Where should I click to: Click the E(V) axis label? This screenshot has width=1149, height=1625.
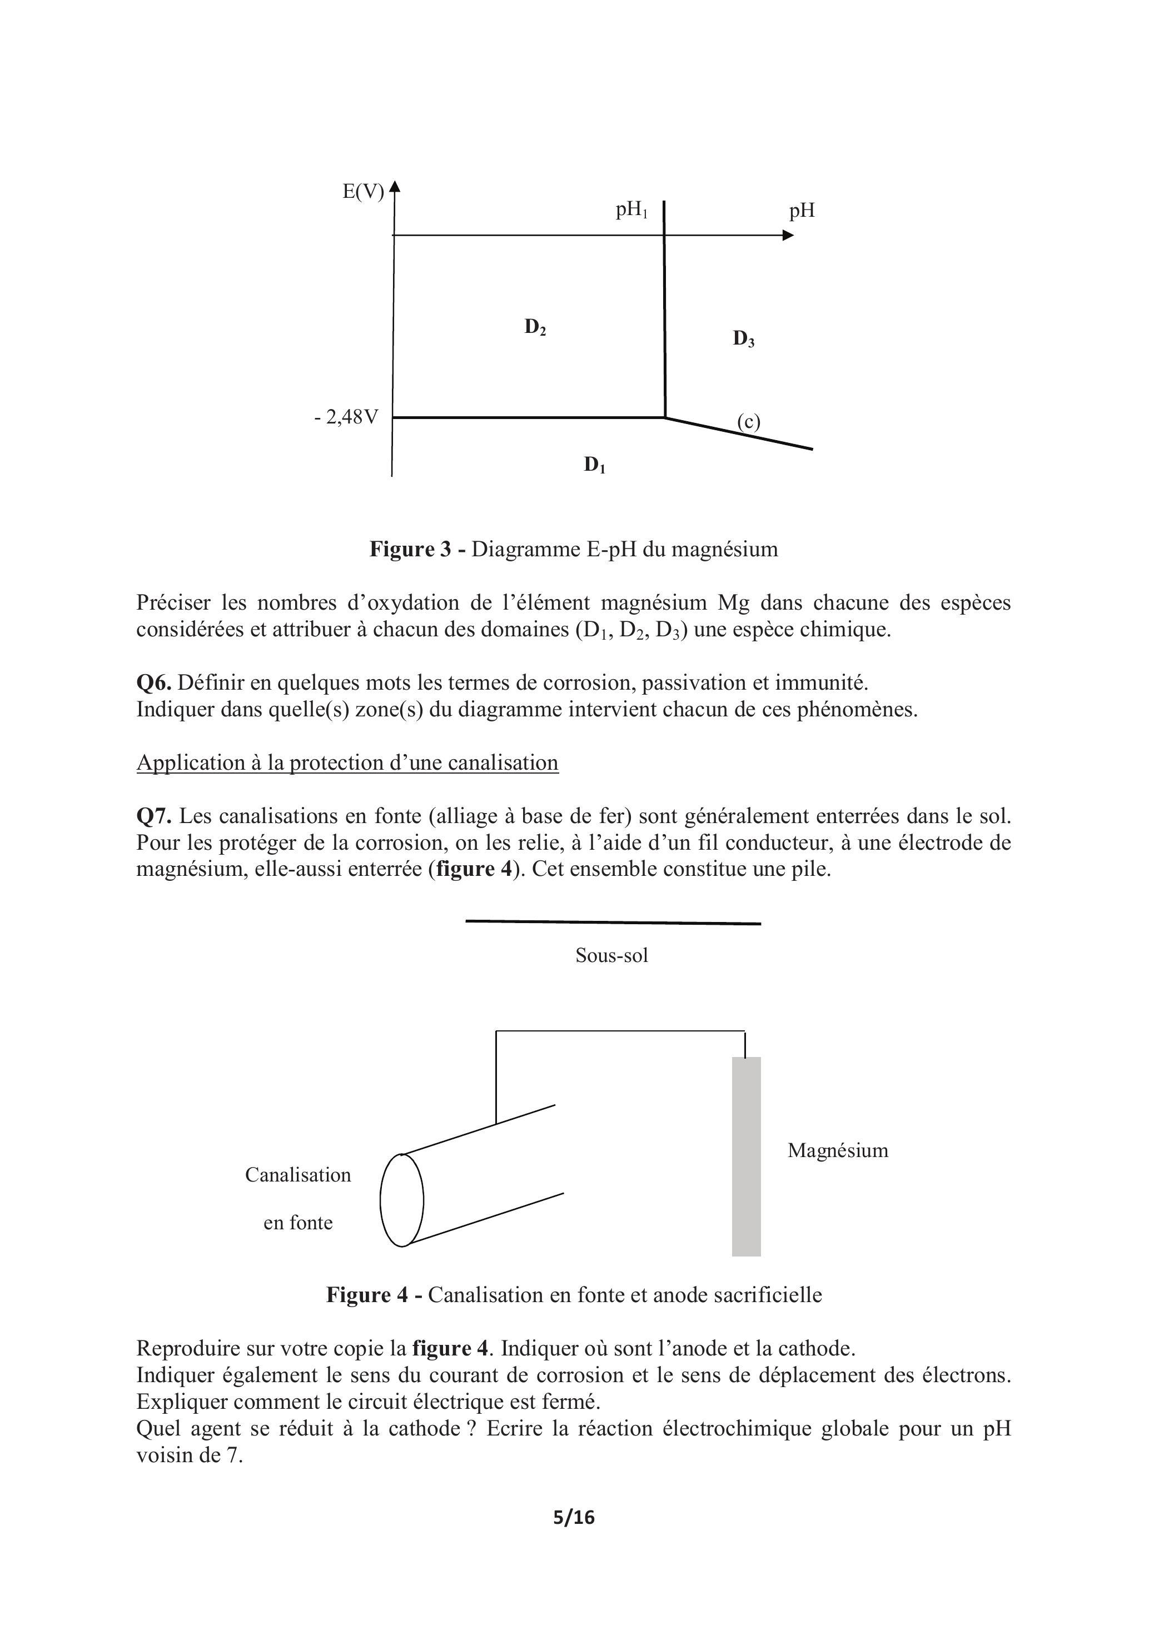(362, 192)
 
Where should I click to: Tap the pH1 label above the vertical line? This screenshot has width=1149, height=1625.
(631, 210)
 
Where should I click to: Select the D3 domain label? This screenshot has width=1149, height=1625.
(743, 339)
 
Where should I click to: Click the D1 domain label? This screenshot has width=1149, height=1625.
(594, 465)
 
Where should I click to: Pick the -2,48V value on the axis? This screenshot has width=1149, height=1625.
(346, 417)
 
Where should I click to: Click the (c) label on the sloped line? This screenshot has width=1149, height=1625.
(748, 422)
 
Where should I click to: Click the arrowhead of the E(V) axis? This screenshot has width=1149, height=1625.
(395, 187)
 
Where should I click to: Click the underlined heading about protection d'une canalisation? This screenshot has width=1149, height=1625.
(347, 763)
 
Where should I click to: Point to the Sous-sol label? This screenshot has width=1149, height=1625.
(611, 955)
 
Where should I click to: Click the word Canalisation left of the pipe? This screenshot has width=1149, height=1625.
(298, 1175)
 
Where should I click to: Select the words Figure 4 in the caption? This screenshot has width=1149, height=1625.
(367, 1295)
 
